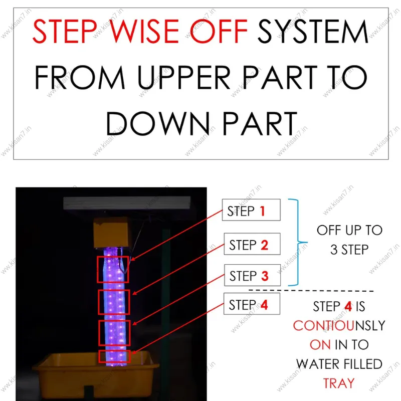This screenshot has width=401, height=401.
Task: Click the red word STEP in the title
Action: point(65,31)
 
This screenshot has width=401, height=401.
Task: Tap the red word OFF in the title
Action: point(219,31)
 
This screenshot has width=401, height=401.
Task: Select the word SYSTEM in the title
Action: point(313,31)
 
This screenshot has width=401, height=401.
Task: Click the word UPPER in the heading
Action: point(183,77)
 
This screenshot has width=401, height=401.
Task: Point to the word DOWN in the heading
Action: point(158,123)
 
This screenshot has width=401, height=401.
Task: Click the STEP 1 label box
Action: point(251,210)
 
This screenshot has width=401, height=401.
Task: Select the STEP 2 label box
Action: point(252,244)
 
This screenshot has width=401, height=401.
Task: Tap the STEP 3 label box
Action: point(253,275)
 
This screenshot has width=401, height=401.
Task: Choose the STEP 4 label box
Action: point(252,304)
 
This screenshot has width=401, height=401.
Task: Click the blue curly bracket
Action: point(298,242)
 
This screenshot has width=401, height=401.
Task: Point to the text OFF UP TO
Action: point(349,230)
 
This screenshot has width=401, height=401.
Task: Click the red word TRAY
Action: point(339,383)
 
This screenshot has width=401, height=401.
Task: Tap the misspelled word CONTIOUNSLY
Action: point(339,325)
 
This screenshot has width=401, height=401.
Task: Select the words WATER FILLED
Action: point(339,364)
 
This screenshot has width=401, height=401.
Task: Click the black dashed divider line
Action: point(311,291)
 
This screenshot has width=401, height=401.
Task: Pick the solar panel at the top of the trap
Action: point(127,203)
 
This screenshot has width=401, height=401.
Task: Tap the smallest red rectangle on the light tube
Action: point(114,356)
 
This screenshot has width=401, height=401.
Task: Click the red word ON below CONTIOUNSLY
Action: point(320,345)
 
